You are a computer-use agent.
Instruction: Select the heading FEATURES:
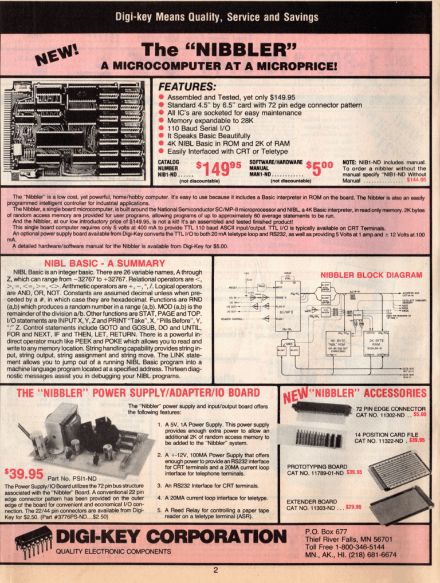[x=187, y=88]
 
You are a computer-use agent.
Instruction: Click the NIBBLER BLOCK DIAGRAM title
[x=371, y=275]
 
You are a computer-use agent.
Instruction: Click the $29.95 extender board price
[x=353, y=507]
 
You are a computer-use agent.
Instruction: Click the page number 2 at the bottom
[x=216, y=569]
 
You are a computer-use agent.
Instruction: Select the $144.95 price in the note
[x=416, y=180]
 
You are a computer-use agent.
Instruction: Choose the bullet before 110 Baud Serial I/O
[x=162, y=129]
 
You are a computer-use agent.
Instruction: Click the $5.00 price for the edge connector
[x=419, y=414]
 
